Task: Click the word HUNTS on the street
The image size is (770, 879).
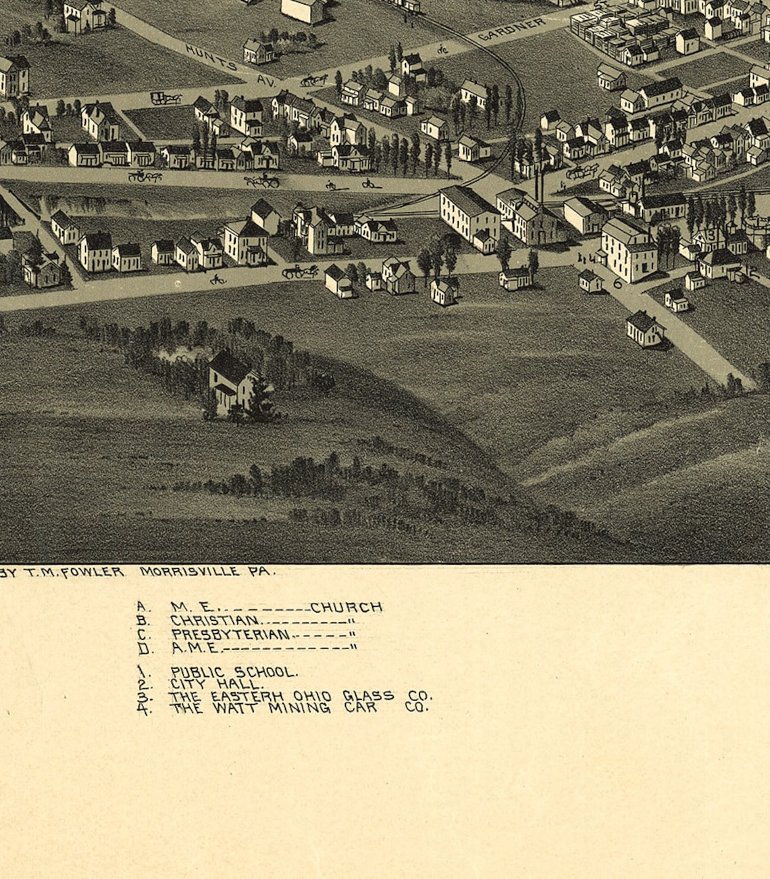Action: tap(211, 57)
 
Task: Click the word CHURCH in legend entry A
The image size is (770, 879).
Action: tap(346, 607)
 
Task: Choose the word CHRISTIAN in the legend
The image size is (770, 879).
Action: tap(214, 620)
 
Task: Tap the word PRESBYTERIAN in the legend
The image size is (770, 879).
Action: tap(230, 634)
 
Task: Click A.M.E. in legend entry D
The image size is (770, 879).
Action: tap(195, 648)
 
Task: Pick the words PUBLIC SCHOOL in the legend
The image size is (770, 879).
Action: tap(233, 671)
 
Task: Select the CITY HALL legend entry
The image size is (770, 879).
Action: tap(216, 684)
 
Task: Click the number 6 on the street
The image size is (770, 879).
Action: tap(617, 284)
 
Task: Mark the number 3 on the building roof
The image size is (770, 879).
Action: tap(711, 235)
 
